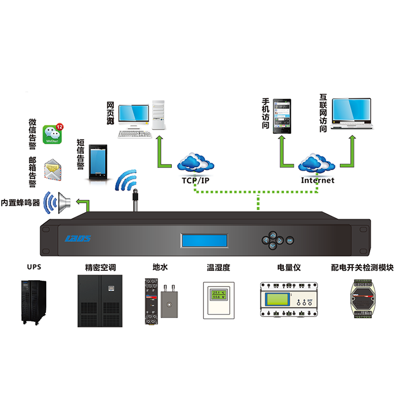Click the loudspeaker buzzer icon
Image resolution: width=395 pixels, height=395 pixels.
tap(65, 201)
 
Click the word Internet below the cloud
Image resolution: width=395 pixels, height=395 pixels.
tap(318, 180)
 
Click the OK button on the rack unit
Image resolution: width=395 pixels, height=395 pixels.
tap(290, 240)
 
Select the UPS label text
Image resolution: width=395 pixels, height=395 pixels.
tap(33, 267)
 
